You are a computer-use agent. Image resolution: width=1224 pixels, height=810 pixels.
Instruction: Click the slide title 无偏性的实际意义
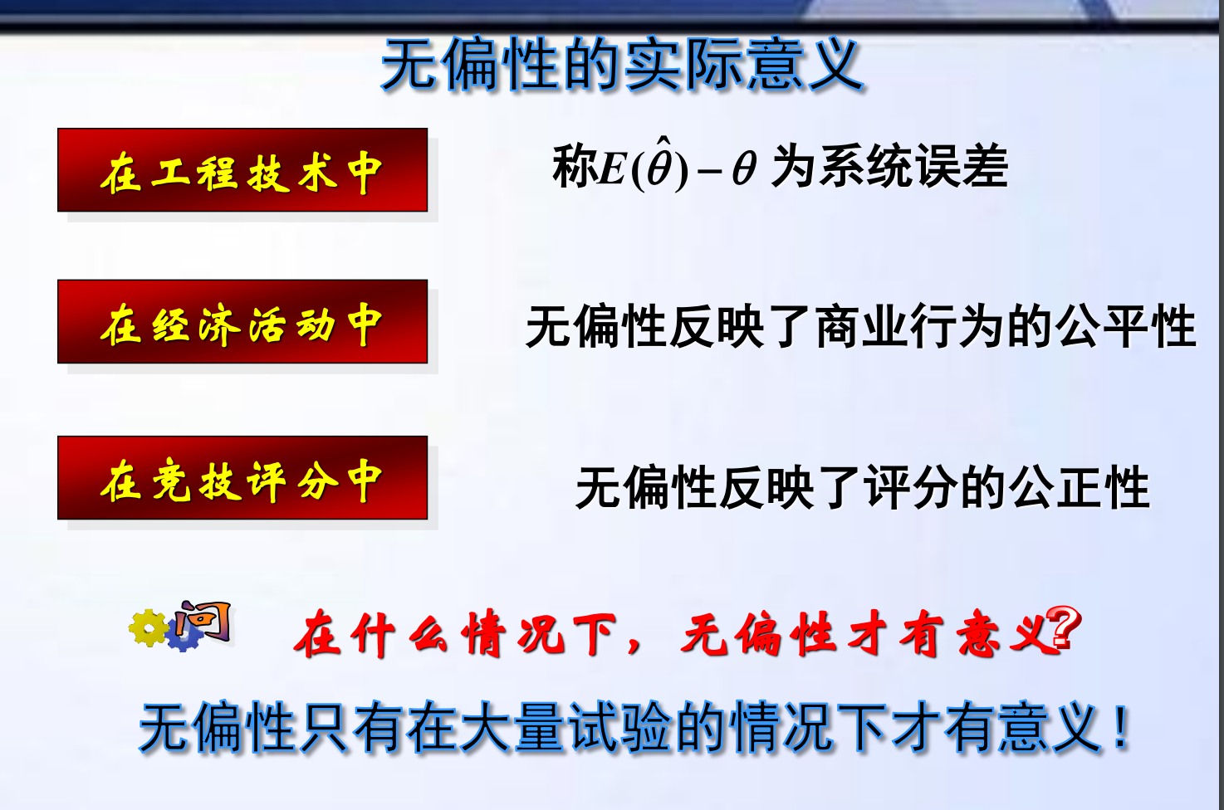tap(622, 65)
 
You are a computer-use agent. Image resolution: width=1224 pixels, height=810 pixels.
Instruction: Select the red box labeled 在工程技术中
tap(242, 170)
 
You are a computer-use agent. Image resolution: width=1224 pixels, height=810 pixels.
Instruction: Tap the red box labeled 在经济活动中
tap(242, 322)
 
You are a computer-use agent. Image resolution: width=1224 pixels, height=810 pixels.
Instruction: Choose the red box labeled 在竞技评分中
tap(242, 478)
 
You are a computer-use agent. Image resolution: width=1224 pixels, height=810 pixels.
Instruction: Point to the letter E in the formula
tap(613, 168)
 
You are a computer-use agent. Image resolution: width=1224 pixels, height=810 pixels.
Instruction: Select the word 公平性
tap(1126, 326)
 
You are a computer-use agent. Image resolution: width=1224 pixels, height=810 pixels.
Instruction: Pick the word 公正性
tap(1080, 486)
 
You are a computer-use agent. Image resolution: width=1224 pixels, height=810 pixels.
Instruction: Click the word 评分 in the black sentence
tap(911, 486)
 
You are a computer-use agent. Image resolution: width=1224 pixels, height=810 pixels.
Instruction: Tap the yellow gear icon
tap(149, 628)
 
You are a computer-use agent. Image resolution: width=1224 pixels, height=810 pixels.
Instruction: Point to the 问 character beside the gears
tap(203, 622)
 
